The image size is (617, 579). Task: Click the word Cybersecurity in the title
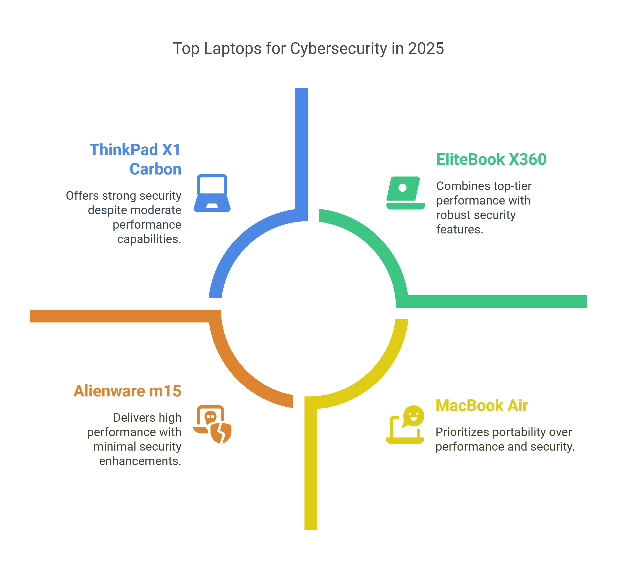(x=338, y=49)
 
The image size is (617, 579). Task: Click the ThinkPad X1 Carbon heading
(x=135, y=159)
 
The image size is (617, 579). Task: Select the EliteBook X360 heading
(x=491, y=159)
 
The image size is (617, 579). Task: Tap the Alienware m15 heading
(x=127, y=391)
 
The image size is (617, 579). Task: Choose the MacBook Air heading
(x=482, y=405)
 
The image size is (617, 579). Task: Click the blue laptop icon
(x=212, y=193)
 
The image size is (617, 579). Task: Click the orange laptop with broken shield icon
(x=212, y=424)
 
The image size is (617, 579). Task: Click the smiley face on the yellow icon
(x=414, y=415)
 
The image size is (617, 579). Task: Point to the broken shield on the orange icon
(x=221, y=433)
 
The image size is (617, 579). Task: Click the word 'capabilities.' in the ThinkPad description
(x=149, y=239)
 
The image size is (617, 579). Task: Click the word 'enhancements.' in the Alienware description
(x=140, y=461)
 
